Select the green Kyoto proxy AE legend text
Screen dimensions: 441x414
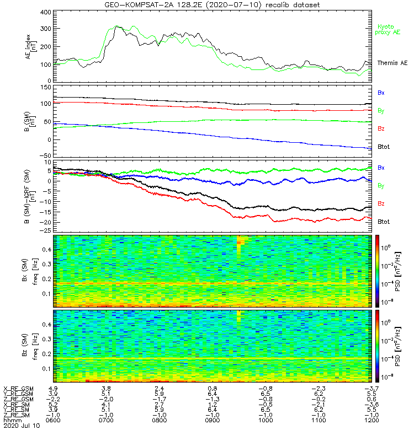click(x=389, y=29)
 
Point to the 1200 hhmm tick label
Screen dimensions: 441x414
click(x=369, y=420)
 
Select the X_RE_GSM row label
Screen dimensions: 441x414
click(x=18, y=389)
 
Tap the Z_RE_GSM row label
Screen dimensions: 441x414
click(x=18, y=399)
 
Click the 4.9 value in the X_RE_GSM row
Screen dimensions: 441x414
click(x=54, y=389)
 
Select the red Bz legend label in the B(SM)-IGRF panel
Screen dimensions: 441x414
click(x=381, y=203)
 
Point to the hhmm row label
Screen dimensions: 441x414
click(x=11, y=420)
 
